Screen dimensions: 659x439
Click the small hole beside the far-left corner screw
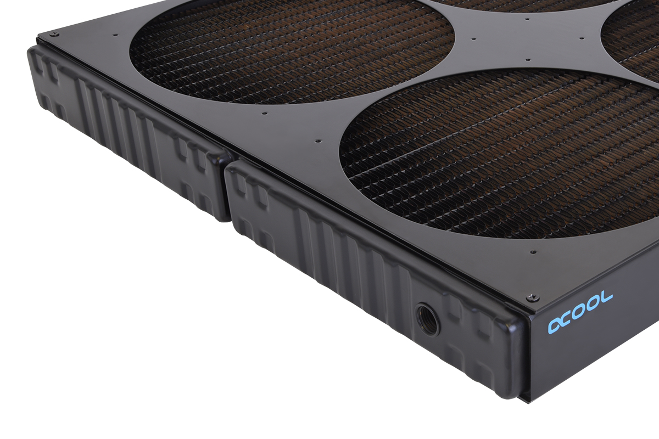pos(115,35)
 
